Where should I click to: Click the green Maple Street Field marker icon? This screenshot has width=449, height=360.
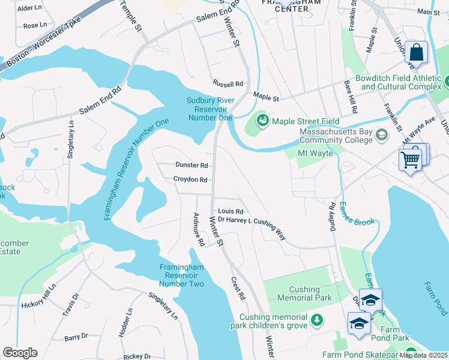click(262, 121)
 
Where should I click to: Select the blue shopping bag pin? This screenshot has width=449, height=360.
click(416, 53)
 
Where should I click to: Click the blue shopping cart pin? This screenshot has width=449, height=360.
click(411, 160)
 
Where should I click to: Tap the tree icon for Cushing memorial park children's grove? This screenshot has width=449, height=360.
click(317, 322)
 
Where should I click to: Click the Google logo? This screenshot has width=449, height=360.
click(20, 353)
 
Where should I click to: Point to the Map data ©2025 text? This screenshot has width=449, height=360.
click(424, 355)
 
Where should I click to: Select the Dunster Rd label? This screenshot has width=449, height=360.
click(191, 165)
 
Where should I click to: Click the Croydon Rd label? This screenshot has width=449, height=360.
click(190, 179)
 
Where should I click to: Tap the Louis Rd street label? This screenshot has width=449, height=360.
click(231, 211)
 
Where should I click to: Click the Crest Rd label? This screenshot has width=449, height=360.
click(238, 288)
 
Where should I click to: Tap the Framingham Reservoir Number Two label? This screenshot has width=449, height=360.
click(182, 275)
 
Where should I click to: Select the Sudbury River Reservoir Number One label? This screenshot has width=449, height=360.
click(210, 109)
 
